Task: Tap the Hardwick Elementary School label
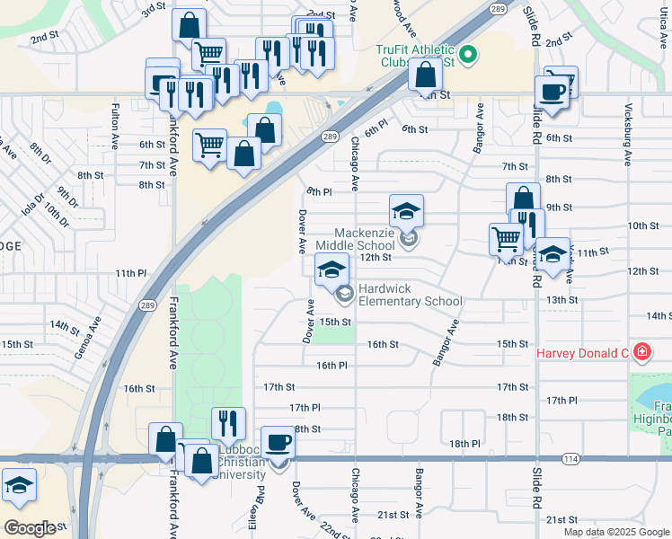click(x=410, y=296)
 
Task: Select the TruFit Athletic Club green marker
click(x=466, y=57)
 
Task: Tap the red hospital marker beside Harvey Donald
click(x=641, y=351)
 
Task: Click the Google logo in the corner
click(x=30, y=527)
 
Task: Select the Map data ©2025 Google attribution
click(x=615, y=532)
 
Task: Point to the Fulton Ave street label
click(x=115, y=126)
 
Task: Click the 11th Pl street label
click(x=129, y=273)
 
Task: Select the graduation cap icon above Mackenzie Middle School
click(x=406, y=211)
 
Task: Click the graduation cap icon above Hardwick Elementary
click(x=332, y=269)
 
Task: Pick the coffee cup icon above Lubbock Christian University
click(x=279, y=442)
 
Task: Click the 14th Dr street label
click(x=66, y=324)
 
